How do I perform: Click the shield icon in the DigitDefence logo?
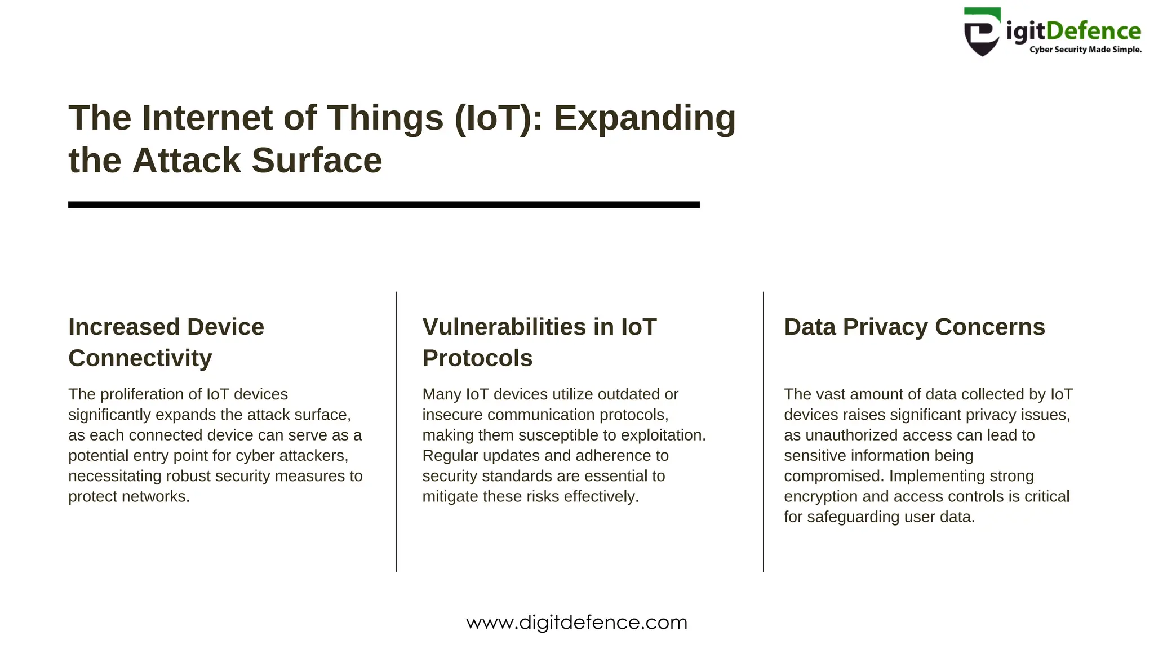tap(982, 33)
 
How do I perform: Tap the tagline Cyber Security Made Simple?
tap(1085, 50)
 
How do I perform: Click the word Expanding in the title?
tap(645, 119)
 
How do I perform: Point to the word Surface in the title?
tap(317, 161)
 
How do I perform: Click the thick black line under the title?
tap(383, 205)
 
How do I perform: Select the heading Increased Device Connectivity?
tap(166, 342)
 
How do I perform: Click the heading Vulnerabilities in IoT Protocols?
tap(539, 342)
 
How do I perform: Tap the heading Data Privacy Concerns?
tap(914, 327)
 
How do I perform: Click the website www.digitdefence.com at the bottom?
tap(576, 623)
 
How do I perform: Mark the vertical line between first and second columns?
tap(396, 432)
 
